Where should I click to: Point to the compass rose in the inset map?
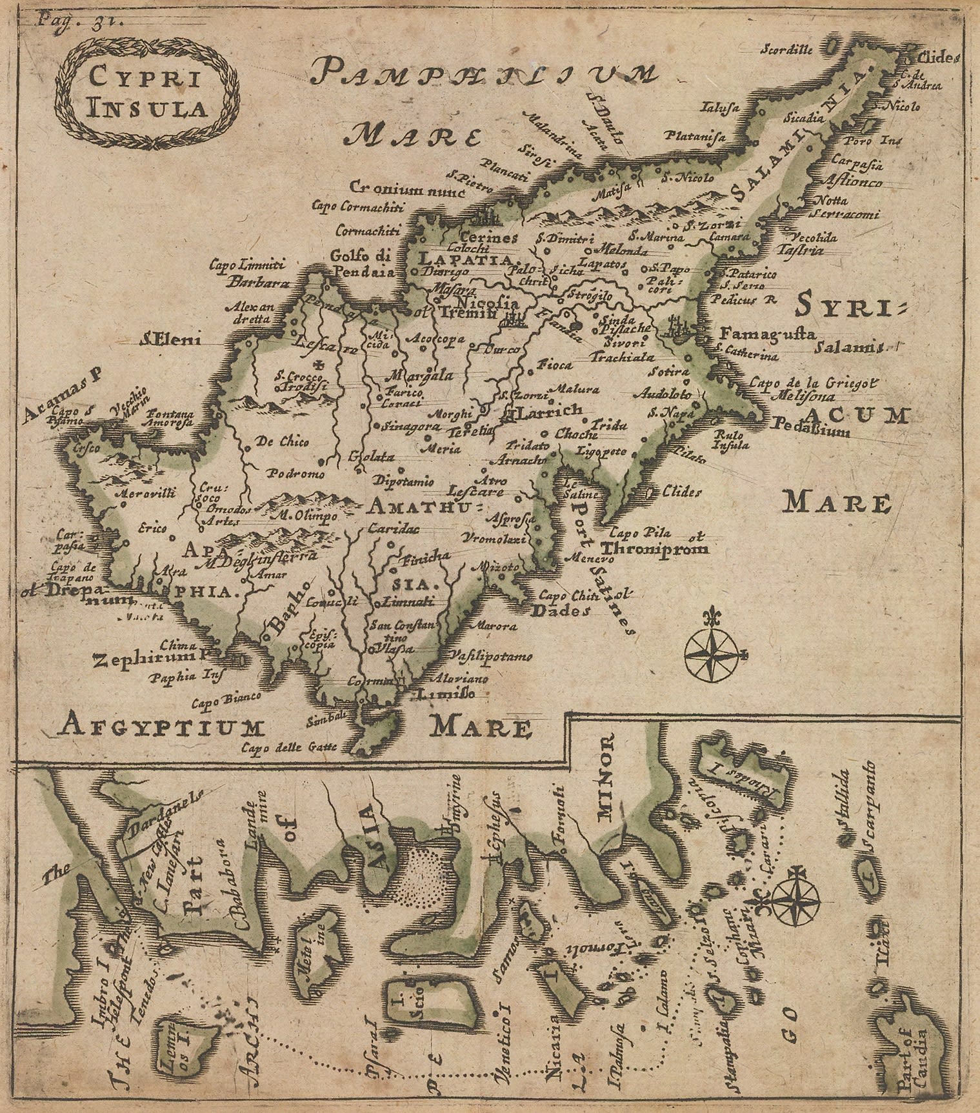795,897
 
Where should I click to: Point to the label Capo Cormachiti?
357,206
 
